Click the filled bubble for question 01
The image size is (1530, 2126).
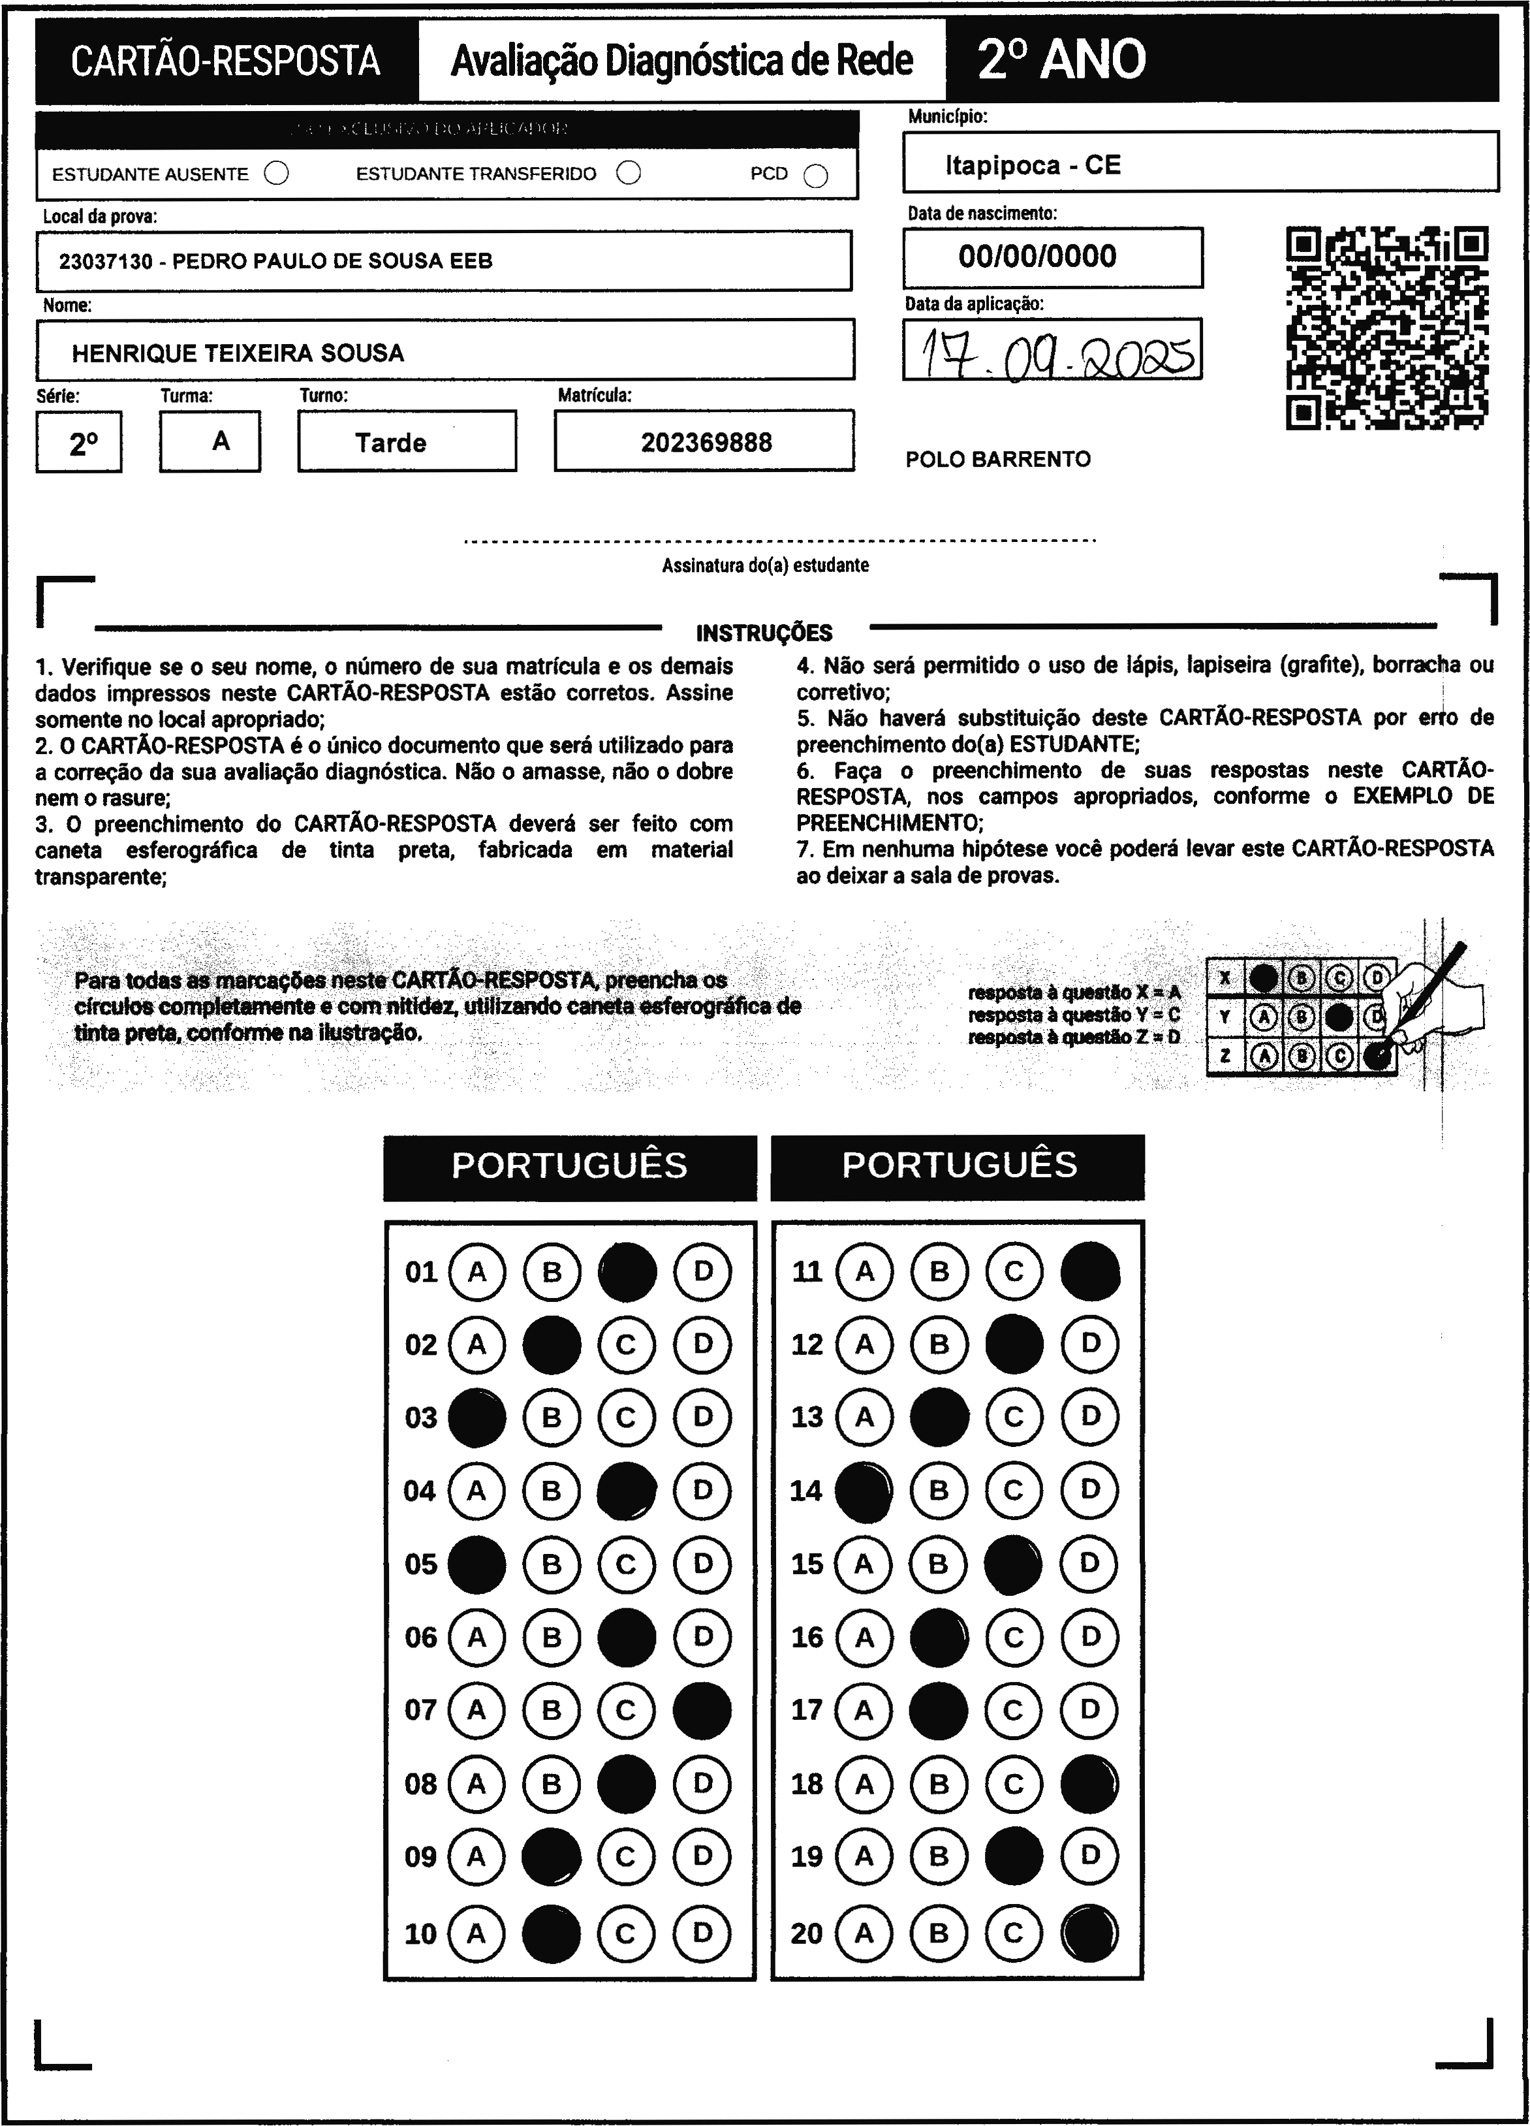(x=627, y=1272)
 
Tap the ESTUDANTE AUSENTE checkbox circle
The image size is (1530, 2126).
(x=276, y=174)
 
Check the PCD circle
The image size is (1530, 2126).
(x=816, y=176)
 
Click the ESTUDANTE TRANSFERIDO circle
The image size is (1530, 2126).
(x=629, y=174)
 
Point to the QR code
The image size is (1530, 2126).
(x=1386, y=328)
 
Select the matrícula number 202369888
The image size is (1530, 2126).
(x=706, y=443)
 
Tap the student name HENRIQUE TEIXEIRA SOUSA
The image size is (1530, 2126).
(x=238, y=353)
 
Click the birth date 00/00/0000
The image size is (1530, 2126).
(x=1037, y=257)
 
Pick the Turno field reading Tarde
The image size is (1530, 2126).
(x=391, y=443)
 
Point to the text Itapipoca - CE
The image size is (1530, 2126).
(x=1033, y=166)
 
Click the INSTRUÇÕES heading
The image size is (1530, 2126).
(x=764, y=633)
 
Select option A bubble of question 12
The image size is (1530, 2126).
(x=864, y=1344)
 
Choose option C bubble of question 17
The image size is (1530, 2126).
(x=1014, y=1710)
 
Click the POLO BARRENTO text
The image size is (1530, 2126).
(x=998, y=459)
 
